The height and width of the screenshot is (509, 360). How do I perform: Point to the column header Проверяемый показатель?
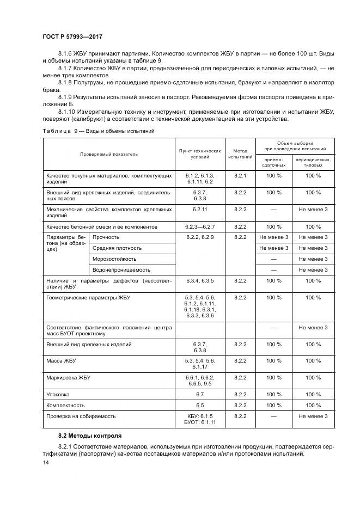point(109,154)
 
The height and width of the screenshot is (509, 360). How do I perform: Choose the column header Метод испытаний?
point(240,154)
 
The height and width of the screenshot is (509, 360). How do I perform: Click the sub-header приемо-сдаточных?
point(274,162)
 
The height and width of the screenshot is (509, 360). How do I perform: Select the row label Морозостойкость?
point(114,259)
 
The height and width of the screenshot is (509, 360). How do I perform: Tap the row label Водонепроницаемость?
point(121,270)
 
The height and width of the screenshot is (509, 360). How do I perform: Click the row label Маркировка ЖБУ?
point(68,377)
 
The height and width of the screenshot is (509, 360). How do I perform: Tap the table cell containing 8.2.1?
point(240,176)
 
